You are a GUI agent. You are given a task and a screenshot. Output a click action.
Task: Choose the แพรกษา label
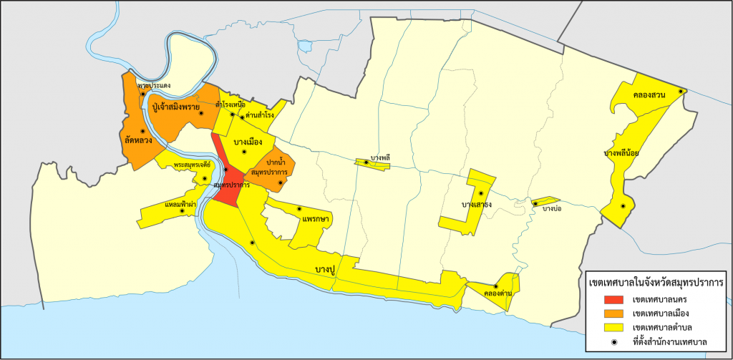pyautogui.click(x=316, y=218)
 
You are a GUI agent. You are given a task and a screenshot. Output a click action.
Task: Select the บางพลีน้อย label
pyautogui.click(x=621, y=152)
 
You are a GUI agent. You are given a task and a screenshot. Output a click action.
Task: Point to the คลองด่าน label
pyautogui.click(x=497, y=293)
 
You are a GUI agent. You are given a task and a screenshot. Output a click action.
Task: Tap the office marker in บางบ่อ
pyautogui.click(x=535, y=204)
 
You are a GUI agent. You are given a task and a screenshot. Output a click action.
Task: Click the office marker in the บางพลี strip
pyautogui.click(x=366, y=163)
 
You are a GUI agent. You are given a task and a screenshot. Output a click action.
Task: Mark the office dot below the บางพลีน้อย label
pyautogui.click(x=623, y=206)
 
